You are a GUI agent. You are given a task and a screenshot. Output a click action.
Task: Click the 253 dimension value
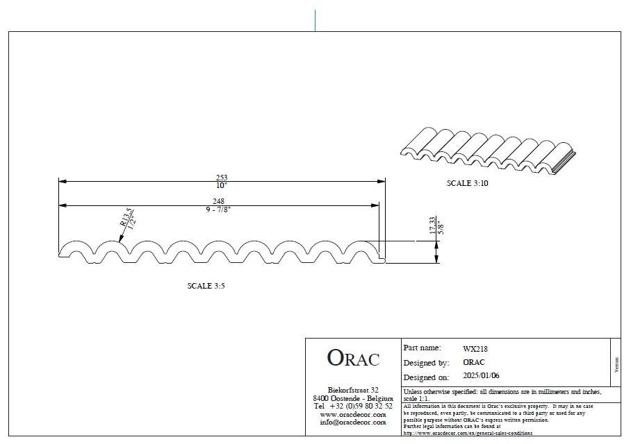coord(222,178)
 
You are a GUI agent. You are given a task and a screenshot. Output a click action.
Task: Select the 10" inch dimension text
coord(222,186)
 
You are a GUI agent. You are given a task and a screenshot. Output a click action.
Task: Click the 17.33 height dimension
coord(433,225)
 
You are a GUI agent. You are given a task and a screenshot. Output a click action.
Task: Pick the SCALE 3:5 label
coord(206,286)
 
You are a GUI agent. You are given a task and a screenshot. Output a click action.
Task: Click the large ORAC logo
coord(353,359)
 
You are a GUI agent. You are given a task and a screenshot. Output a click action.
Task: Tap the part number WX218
coord(475,349)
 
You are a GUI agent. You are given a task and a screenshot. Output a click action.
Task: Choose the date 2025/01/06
coord(481,376)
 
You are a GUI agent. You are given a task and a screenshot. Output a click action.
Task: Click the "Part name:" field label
coord(422,348)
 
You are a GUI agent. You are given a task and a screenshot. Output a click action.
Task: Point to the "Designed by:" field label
coord(425,363)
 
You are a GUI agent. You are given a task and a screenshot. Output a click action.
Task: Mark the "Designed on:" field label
coord(426,377)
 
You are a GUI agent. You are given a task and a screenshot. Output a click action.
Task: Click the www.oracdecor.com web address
coord(353,414)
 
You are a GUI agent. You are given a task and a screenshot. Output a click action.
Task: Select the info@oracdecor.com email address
coord(353,422)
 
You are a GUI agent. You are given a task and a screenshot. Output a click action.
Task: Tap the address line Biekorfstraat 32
coord(353,390)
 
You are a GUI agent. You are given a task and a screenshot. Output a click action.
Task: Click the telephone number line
coord(353,406)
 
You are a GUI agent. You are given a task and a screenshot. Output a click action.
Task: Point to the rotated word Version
coord(615,365)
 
